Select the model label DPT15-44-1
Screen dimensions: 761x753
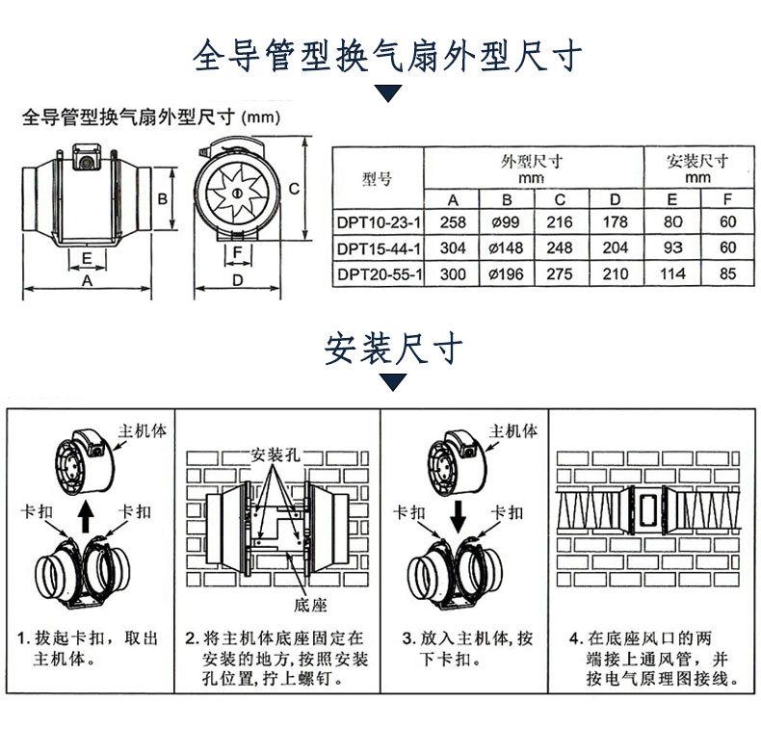[x=379, y=248]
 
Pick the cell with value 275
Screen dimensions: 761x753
[x=559, y=274]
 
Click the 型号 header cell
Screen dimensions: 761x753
[x=378, y=178]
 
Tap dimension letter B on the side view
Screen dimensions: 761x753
[x=164, y=199]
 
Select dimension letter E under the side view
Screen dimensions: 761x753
[x=87, y=258]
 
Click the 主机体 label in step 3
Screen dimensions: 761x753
[x=513, y=430]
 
